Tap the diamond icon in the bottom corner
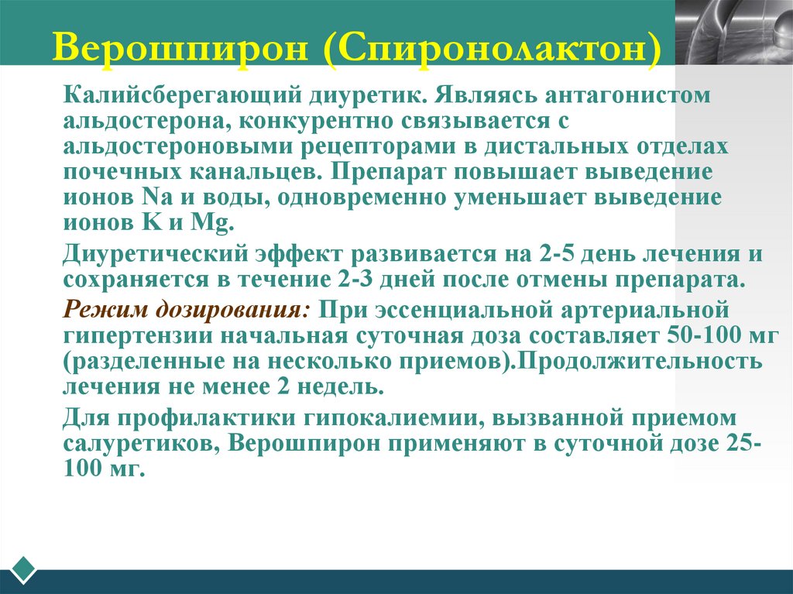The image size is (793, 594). (23, 570)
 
